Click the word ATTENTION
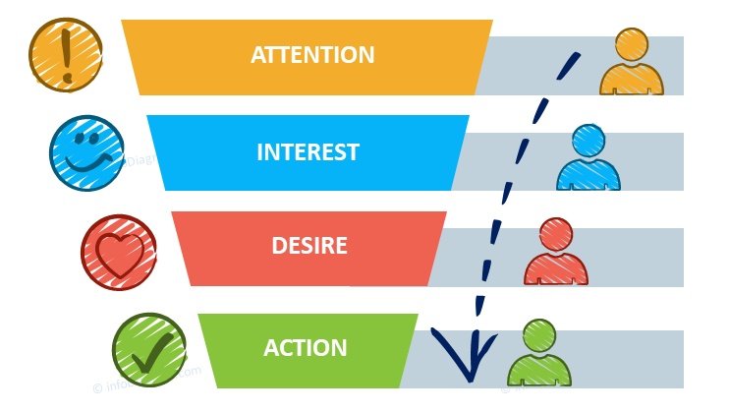point(312,54)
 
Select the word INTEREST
point(308,152)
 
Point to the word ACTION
point(306,347)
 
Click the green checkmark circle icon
point(148,349)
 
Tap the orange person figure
point(632,63)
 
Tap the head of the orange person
point(632,45)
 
